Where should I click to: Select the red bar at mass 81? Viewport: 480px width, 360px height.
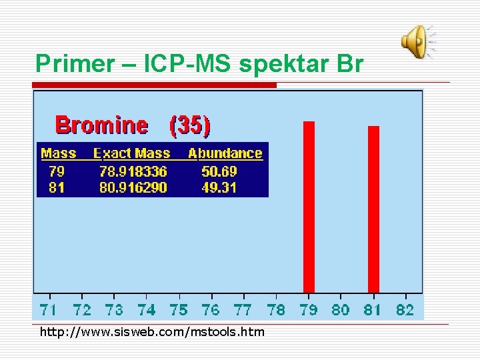tap(373, 209)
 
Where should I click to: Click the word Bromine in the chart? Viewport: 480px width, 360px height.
tap(101, 125)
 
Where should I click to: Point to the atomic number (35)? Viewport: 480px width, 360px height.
tap(190, 125)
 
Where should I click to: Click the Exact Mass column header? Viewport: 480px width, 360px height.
tap(132, 153)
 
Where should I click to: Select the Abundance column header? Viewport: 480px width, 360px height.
tap(225, 153)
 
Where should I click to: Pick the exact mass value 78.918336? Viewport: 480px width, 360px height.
tap(133, 171)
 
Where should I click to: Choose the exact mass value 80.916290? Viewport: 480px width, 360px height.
tap(133, 187)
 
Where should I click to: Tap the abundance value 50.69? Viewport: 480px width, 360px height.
tap(219, 171)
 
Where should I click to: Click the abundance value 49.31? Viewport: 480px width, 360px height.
tap(219, 187)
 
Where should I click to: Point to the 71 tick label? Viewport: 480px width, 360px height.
tap(49, 309)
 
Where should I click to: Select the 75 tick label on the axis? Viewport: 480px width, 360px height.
tap(179, 309)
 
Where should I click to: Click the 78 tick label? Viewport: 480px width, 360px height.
tap(276, 309)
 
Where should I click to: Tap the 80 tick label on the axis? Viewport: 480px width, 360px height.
tap(341, 309)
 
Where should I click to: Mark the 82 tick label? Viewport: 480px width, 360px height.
tap(405, 309)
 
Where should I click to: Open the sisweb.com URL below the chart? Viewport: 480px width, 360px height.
tap(152, 332)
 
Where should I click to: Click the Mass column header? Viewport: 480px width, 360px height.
tap(59, 153)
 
